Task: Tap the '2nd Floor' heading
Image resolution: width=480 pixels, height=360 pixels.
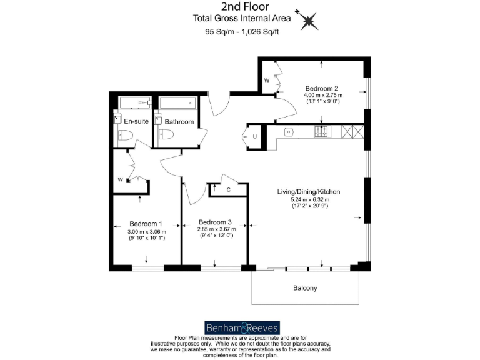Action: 239,6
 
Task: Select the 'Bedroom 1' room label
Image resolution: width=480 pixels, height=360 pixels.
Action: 146,224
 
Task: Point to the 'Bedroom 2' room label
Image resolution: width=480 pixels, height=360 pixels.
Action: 322,88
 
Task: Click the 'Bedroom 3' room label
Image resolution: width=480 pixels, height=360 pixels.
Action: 215,222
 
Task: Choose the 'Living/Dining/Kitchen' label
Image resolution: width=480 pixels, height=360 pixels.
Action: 309,191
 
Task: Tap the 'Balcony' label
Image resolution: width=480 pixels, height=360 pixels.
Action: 306,288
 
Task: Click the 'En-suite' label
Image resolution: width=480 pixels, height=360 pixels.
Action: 136,121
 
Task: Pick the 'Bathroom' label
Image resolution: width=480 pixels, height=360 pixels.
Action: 179,121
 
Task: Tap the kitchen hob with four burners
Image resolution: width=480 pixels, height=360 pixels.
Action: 322,132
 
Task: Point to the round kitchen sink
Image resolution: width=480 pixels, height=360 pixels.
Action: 289,132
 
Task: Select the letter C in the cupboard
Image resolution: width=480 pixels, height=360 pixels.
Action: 229,189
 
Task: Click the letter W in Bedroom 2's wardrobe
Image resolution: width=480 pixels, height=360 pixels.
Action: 266,81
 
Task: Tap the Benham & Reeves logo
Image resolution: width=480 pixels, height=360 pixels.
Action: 242,327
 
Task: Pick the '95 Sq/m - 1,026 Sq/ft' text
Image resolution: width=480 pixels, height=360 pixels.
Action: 239,32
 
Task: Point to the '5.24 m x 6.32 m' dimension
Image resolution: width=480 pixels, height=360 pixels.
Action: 309,199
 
